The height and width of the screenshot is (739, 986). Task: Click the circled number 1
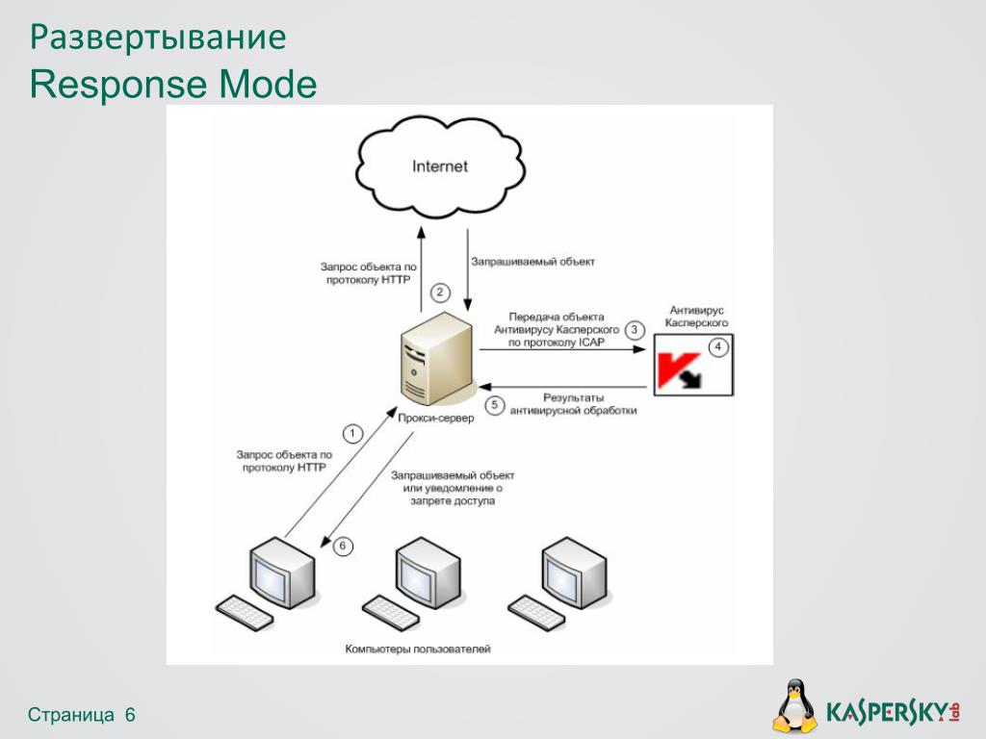pyautogui.click(x=352, y=434)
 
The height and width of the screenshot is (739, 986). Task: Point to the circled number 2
pyautogui.click(x=440, y=292)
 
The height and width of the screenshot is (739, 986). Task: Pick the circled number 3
pyautogui.click(x=635, y=329)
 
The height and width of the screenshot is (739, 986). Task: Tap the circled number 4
pyautogui.click(x=716, y=346)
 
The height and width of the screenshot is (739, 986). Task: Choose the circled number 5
pyautogui.click(x=495, y=405)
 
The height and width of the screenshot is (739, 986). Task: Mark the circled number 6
pyautogui.click(x=344, y=547)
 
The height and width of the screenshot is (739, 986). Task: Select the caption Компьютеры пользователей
pyautogui.click(x=418, y=650)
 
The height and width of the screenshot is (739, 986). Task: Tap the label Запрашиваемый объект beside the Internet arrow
pyautogui.click(x=532, y=261)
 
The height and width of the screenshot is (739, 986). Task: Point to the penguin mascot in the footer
pyautogui.click(x=794, y=707)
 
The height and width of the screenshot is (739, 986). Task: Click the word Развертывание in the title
pyautogui.click(x=158, y=38)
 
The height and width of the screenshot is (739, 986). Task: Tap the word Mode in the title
pyautogui.click(x=267, y=85)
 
